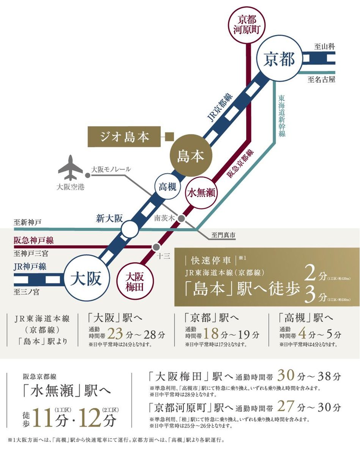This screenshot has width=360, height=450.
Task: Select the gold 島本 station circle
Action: [x=191, y=156]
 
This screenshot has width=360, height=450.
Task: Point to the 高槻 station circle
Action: [x=167, y=186]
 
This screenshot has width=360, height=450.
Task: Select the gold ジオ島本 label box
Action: [x=124, y=136]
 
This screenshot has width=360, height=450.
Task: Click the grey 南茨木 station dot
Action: [x=182, y=219]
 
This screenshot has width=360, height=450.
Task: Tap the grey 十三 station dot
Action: [x=155, y=247]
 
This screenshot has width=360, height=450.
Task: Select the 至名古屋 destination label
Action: [x=321, y=80]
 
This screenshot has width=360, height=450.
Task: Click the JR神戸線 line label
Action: [x=30, y=267]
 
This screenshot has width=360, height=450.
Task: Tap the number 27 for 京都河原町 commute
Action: [x=286, y=408]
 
